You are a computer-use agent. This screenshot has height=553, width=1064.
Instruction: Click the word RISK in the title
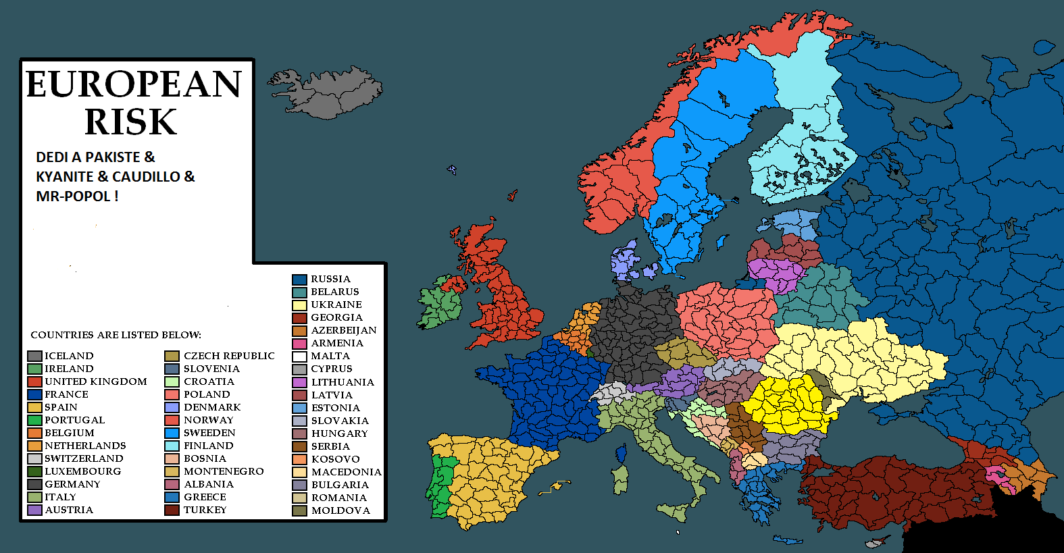tap(131, 122)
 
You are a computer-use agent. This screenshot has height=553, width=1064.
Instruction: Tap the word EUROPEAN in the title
tap(134, 84)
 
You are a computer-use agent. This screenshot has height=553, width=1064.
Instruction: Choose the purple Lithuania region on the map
tap(777, 273)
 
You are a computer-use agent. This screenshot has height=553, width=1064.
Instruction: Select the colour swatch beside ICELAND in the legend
tap(34, 356)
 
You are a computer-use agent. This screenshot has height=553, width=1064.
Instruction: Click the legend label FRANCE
tap(66, 394)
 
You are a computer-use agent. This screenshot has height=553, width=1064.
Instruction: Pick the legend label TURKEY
tap(205, 510)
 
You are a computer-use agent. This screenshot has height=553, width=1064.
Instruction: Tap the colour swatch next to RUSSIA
tap(300, 280)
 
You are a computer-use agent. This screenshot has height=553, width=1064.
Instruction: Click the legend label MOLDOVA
tap(340, 510)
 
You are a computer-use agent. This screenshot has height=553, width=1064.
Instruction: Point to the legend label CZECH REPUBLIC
tap(229, 356)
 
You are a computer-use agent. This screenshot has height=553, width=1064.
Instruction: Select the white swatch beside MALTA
tap(300, 357)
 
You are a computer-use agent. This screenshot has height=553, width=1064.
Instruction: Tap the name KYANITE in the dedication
tap(64, 177)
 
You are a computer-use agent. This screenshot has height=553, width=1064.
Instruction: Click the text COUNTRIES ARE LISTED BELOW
tap(116, 335)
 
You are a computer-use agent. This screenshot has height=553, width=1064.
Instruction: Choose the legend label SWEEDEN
tap(209, 433)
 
